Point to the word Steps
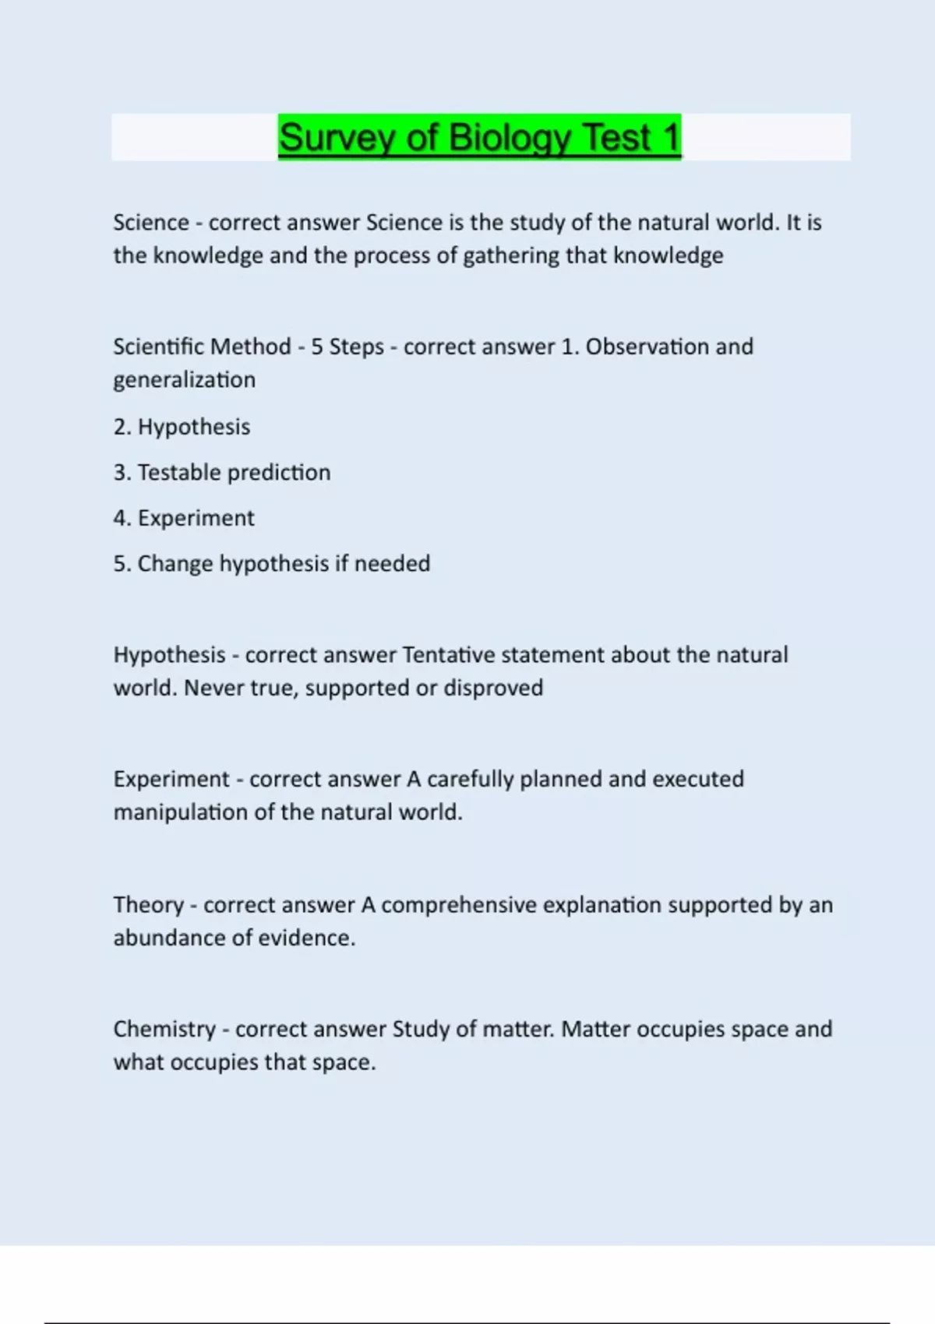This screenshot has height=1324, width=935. pyautogui.click(x=356, y=347)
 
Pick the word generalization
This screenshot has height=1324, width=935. pyautogui.click(x=184, y=380)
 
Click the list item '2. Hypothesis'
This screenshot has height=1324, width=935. pyautogui.click(x=182, y=427)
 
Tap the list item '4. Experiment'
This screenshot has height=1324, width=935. pyautogui.click(x=184, y=518)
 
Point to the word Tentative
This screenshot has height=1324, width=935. pyautogui.click(x=448, y=655)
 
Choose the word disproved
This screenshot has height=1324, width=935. pyautogui.click(x=492, y=688)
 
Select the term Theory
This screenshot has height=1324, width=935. pyautogui.click(x=148, y=905)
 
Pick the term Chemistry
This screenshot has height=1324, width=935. pyautogui.click(x=164, y=1030)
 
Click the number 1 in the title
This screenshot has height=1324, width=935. pyautogui.click(x=671, y=138)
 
